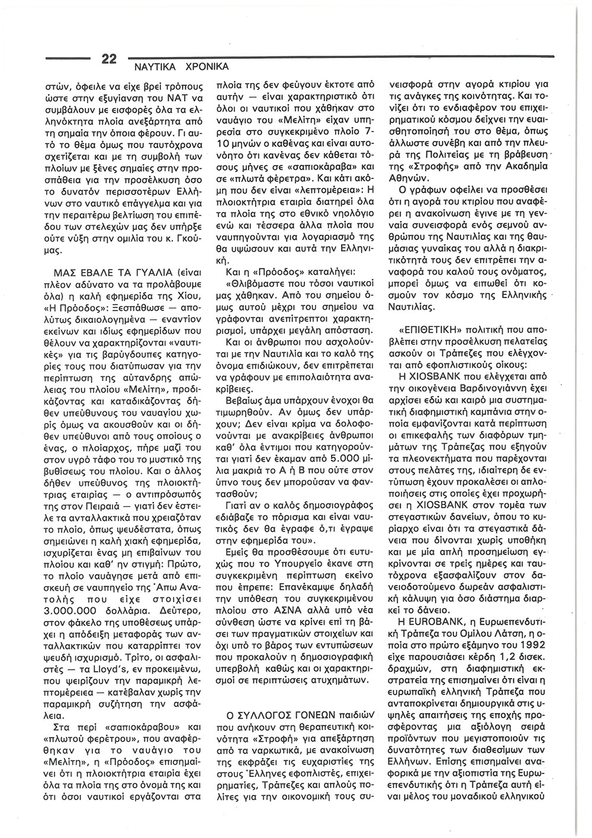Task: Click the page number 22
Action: [109, 59]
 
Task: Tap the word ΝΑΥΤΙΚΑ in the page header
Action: [154, 67]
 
